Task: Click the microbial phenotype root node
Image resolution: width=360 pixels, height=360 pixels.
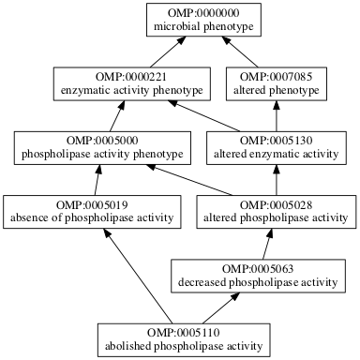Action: point(197,21)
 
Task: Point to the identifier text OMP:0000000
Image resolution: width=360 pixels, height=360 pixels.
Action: point(197,13)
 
